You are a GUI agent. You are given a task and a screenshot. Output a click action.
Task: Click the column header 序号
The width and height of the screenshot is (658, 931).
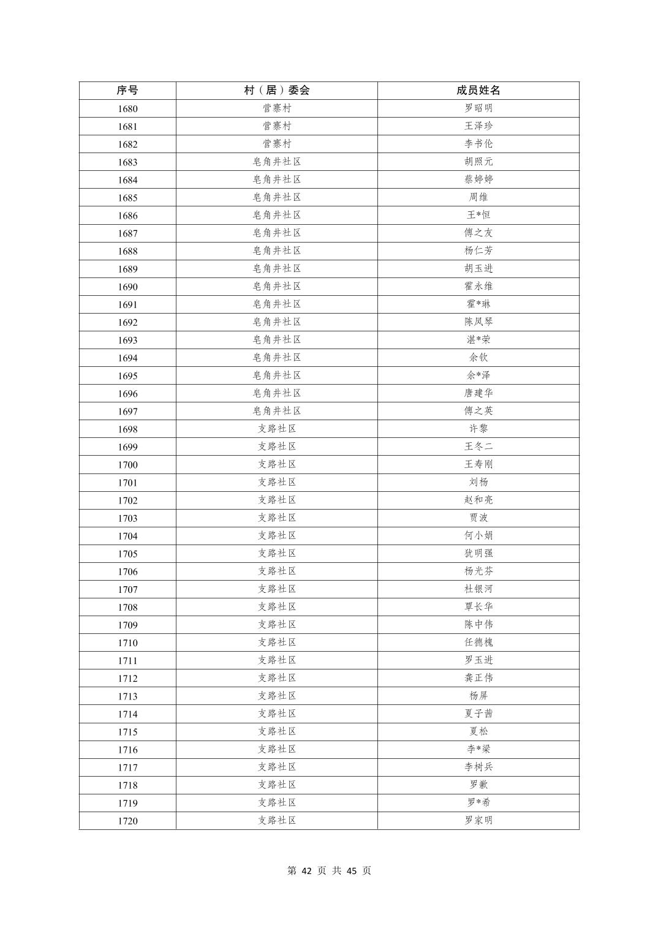tap(127, 91)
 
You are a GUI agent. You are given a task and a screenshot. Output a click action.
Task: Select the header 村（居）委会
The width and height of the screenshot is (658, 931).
tap(277, 91)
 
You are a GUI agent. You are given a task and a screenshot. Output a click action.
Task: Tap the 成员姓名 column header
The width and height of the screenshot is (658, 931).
tap(478, 91)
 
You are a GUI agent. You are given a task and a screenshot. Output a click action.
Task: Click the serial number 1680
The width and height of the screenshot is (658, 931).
tap(127, 109)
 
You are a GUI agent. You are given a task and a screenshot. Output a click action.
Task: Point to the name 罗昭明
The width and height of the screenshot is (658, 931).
tap(478, 108)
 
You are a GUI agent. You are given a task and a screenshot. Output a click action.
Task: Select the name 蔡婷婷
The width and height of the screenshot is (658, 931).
tap(478, 179)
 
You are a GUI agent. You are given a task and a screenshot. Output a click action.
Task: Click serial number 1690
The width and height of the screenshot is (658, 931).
tap(127, 287)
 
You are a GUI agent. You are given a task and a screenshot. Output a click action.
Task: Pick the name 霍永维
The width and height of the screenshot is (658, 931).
tap(478, 286)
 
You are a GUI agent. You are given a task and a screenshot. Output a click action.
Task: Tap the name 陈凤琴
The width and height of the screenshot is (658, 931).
tap(478, 322)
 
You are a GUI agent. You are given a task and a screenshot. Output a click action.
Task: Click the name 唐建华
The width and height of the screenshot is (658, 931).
tap(478, 393)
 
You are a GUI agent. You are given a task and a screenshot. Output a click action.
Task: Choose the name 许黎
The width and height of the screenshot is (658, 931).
tap(478, 428)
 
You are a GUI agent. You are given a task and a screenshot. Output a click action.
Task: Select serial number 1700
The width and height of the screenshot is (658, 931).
tap(127, 465)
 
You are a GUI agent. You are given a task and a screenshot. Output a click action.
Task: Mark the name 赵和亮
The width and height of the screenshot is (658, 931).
tap(478, 500)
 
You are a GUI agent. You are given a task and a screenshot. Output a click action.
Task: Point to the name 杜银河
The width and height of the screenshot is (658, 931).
tap(478, 589)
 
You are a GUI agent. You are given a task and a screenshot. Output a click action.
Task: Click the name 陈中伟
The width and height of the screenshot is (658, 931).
tap(478, 624)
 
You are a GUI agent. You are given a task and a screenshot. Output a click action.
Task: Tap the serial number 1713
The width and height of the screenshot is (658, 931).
tap(127, 696)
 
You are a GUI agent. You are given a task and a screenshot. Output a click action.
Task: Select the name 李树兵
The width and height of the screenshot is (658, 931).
tap(478, 767)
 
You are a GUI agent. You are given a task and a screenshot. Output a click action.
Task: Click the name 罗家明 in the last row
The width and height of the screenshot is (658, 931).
tap(478, 820)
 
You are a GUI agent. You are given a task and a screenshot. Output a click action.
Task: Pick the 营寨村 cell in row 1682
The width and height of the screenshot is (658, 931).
tap(277, 144)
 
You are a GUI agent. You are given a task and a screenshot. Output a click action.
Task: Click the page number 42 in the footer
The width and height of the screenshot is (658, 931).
tap(308, 871)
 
